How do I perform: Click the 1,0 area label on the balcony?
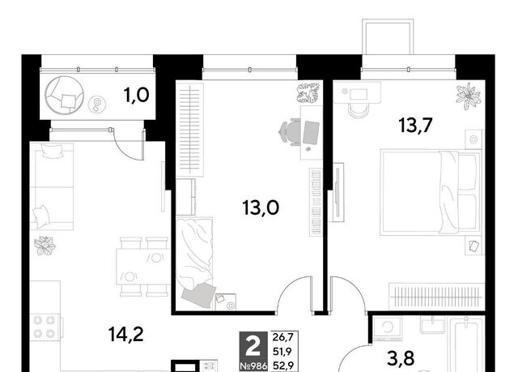pyautogui.click(x=136, y=96)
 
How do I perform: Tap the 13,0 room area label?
pyautogui.click(x=261, y=208)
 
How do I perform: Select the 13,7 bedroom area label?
pyautogui.click(x=415, y=126)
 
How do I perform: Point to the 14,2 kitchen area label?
pyautogui.click(x=126, y=334)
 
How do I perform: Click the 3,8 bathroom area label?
pyautogui.click(x=401, y=358)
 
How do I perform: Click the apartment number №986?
pyautogui.click(x=253, y=366)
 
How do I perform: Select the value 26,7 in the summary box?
pyautogui.click(x=282, y=337)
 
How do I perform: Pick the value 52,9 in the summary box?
pyautogui.click(x=282, y=366)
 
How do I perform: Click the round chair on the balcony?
pyautogui.click(x=64, y=95)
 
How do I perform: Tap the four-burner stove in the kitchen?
pyautogui.click(x=45, y=327)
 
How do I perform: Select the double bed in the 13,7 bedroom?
pyautogui.click(x=431, y=192)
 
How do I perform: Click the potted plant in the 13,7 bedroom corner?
pyautogui.click(x=468, y=96)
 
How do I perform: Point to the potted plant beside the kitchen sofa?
pyautogui.click(x=45, y=246)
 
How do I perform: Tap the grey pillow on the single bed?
pyautogui.click(x=198, y=295)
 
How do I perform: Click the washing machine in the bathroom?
pyautogui.click(x=387, y=328)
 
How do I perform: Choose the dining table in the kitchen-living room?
pyautogui.click(x=142, y=267)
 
